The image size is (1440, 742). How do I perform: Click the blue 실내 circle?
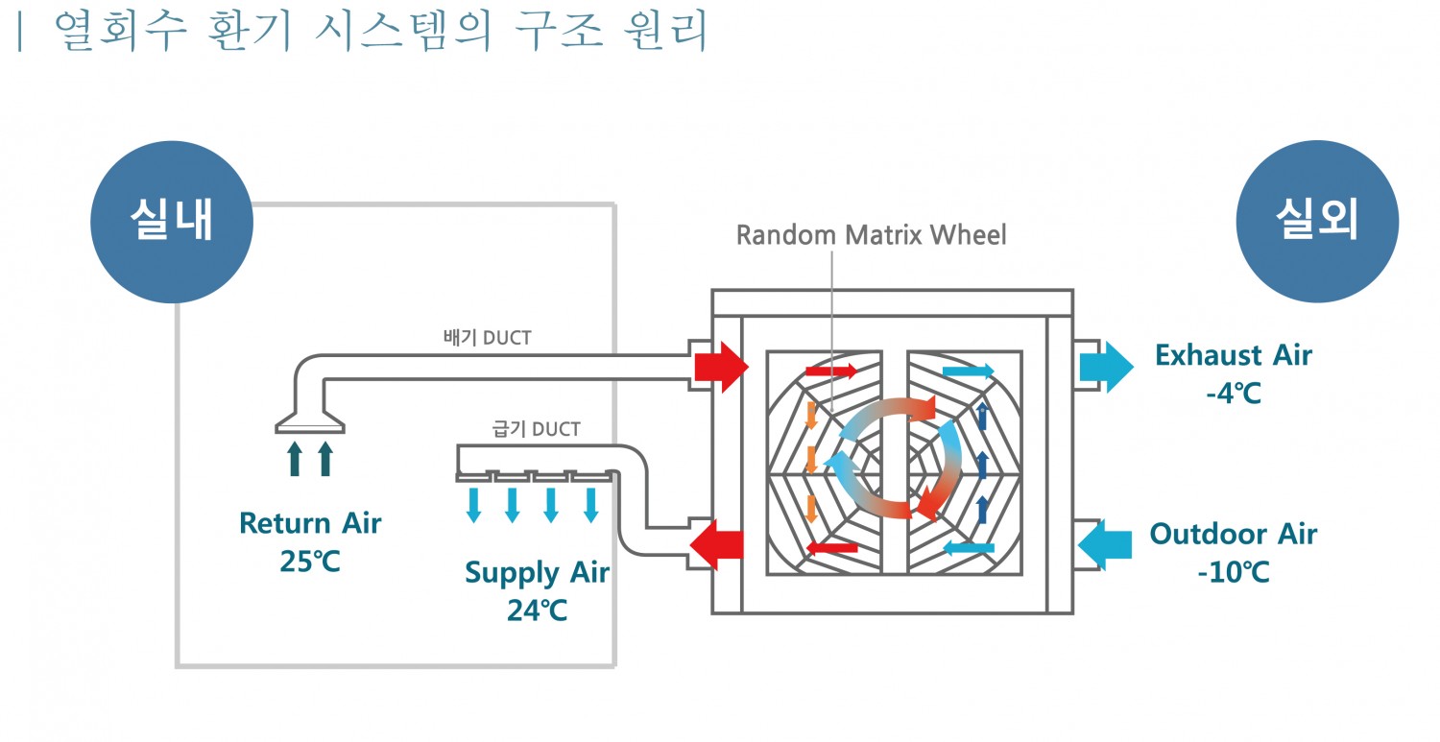click(x=172, y=223)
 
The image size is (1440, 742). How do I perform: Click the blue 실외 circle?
click(x=1316, y=221)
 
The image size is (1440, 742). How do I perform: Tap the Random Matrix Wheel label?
click(x=871, y=235)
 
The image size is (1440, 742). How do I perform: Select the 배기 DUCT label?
click(x=487, y=338)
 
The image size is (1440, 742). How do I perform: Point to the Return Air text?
click(x=310, y=523)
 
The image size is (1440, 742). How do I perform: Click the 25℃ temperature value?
click(x=310, y=561)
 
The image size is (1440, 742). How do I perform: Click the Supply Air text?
click(x=537, y=573)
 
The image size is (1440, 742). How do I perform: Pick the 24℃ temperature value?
click(x=537, y=610)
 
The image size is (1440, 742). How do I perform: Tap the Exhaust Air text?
click(x=1233, y=355)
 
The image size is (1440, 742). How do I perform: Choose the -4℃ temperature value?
click(x=1233, y=393)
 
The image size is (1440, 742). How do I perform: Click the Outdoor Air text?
click(x=1233, y=534)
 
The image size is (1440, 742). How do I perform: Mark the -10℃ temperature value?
click(x=1233, y=572)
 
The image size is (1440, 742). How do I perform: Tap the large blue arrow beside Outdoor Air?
click(x=1104, y=545)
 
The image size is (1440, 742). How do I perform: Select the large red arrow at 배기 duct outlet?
click(x=720, y=366)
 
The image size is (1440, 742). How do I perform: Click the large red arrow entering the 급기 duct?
click(x=718, y=545)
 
